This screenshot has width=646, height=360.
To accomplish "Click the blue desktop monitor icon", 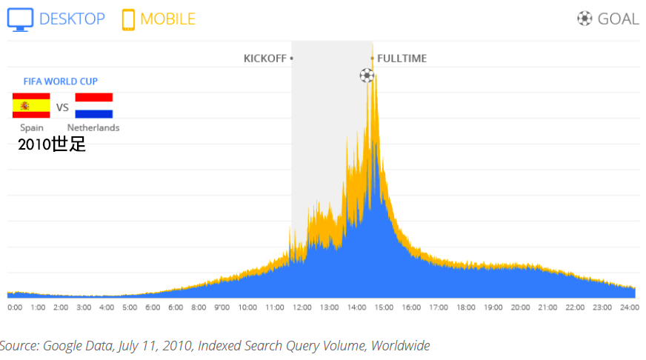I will point(20,19).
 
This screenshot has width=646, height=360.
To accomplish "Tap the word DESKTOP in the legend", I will point(72,19).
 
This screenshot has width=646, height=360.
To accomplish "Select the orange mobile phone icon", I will point(129,19).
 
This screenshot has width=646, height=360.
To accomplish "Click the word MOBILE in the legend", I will point(168,19).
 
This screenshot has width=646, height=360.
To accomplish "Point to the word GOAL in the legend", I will point(618,19).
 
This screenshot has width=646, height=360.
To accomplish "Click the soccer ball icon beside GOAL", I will point(585,19).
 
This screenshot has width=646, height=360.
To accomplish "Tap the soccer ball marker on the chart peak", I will point(367,75).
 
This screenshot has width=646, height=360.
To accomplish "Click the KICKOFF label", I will point(266,59).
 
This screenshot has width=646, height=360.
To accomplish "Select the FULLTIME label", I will point(402,59).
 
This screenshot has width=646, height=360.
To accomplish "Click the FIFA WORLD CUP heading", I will point(60,81).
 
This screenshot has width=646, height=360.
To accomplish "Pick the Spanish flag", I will point(31,106).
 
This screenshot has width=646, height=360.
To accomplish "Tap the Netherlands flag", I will point(94,106).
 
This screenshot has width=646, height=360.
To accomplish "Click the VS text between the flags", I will point(63,108).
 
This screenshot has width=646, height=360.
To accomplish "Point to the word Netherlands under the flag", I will point(93,128).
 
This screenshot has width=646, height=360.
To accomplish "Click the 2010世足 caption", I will point(52,144).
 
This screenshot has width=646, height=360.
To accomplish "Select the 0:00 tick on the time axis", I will point(15,307).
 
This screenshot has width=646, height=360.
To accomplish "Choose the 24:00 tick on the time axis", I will point(629,307).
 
